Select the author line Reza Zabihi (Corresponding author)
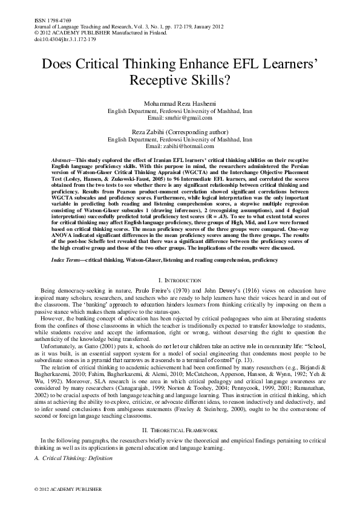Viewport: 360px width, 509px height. (x=180, y=132)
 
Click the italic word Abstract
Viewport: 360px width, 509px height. (x=63, y=156)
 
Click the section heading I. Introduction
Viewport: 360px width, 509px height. (x=180, y=281)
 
